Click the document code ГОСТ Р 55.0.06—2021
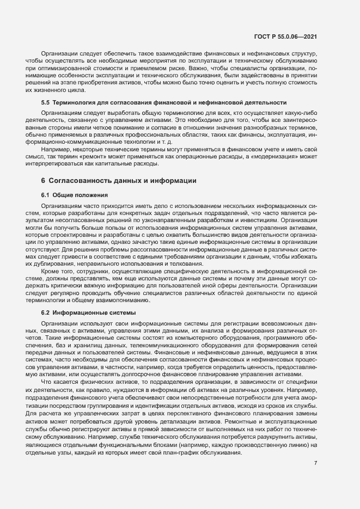[x=294, y=36]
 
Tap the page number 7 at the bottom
[x=316, y=463]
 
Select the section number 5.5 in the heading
[x=46, y=102]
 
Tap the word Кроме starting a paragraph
[x=52, y=270]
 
